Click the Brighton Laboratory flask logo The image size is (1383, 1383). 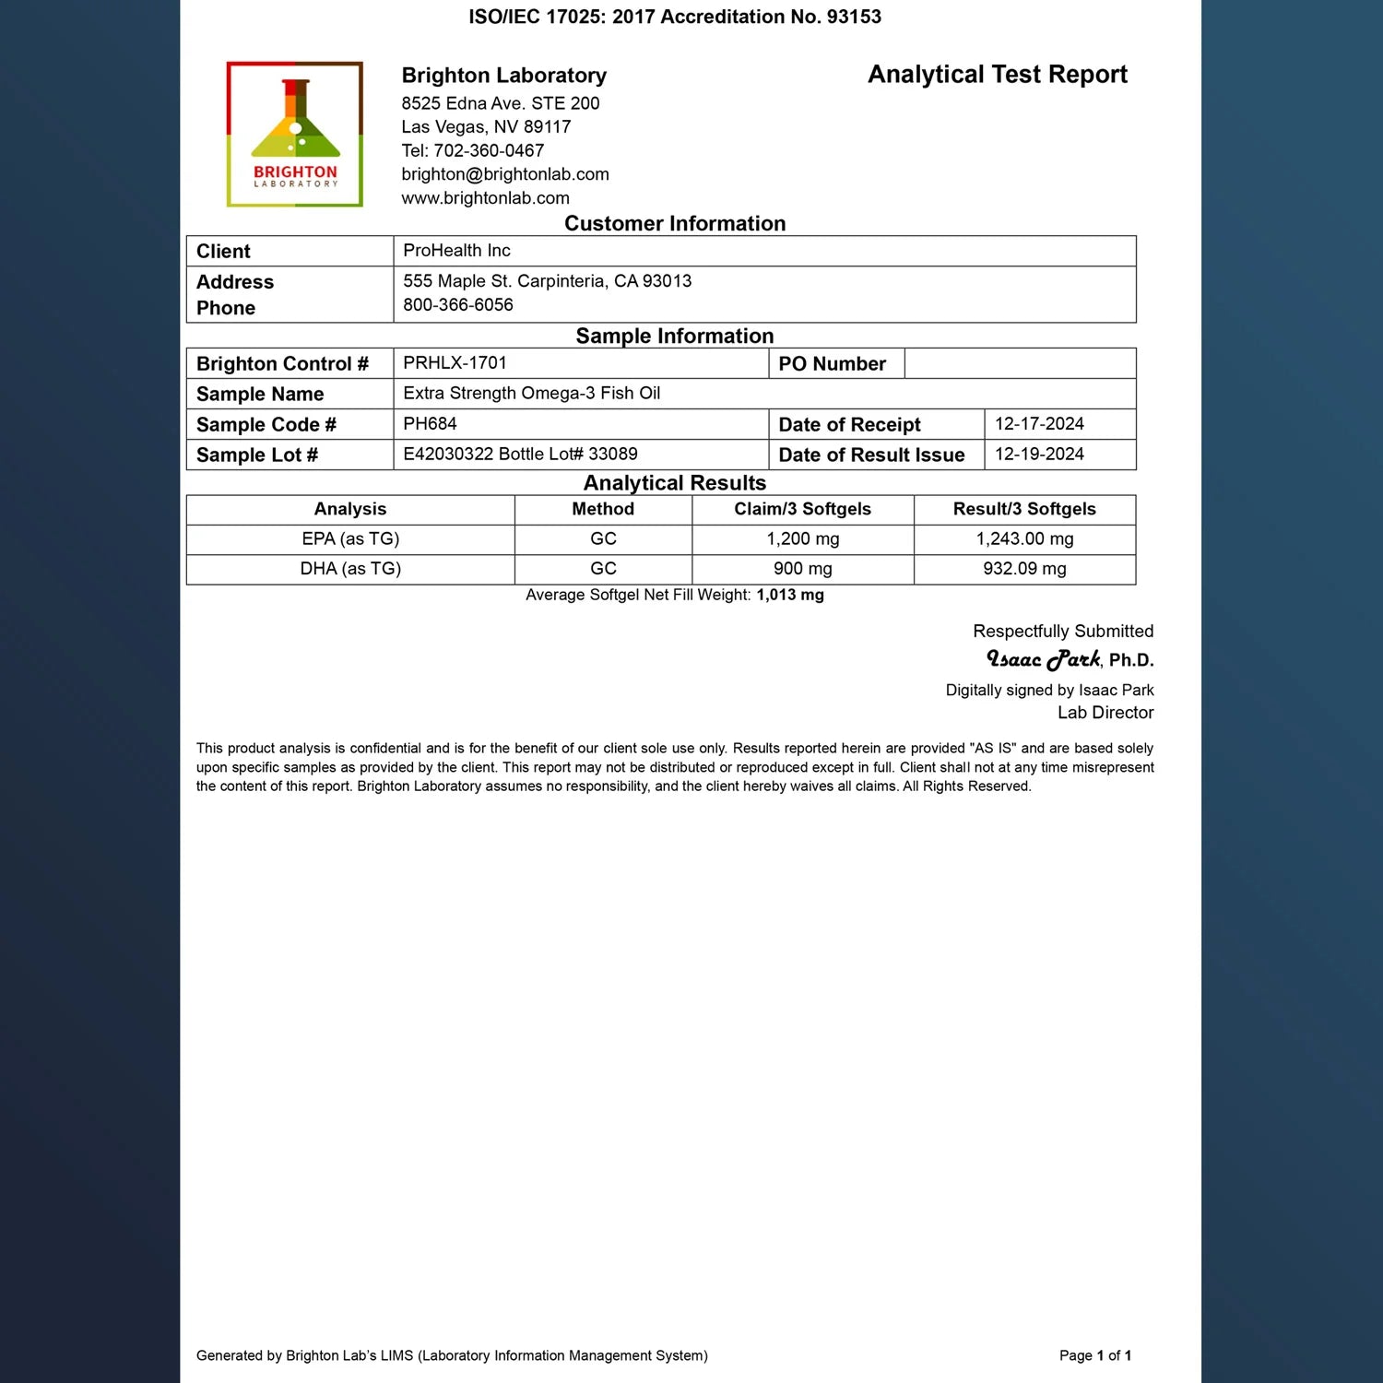[x=295, y=135]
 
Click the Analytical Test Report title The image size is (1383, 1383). [x=997, y=75]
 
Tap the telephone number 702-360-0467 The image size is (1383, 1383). [x=489, y=150]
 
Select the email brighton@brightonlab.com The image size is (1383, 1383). [x=505, y=174]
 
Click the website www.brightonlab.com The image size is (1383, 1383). [x=485, y=198]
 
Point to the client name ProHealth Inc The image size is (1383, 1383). [x=456, y=251]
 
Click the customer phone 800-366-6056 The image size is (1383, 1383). [x=458, y=305]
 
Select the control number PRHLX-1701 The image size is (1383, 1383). [x=455, y=363]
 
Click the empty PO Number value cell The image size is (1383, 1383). [x=1019, y=363]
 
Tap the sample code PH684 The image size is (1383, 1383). [x=430, y=424]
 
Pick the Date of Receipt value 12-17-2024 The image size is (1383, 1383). [x=1039, y=424]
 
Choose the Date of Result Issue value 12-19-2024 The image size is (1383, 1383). [x=1039, y=455]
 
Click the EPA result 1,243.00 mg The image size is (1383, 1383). [x=1024, y=539]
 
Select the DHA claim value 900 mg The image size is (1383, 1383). [x=802, y=569]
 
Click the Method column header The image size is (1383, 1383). [x=603, y=509]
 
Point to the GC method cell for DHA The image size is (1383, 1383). [x=603, y=569]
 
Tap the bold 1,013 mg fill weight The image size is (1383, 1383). [x=790, y=595]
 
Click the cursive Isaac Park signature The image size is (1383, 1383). [x=1043, y=659]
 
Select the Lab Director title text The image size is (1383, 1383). [x=1105, y=713]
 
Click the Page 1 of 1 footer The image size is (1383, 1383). [x=1094, y=1355]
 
